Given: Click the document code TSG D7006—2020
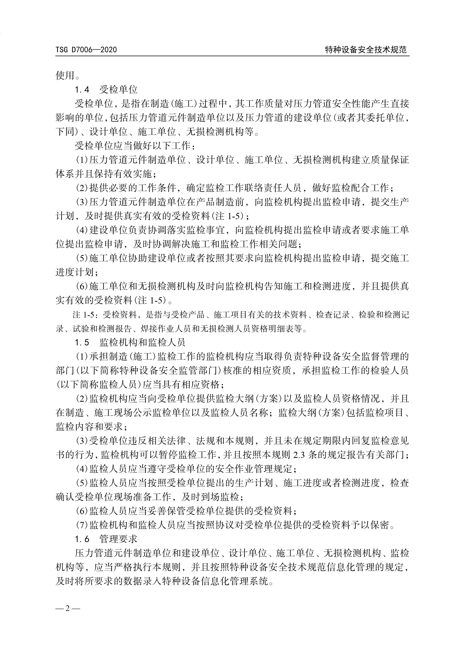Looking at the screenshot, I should coord(86,50).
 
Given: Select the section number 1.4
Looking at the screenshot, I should coord(82,90).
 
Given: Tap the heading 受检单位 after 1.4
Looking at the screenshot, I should coord(118,90).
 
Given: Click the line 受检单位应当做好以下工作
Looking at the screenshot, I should coord(135,146).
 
